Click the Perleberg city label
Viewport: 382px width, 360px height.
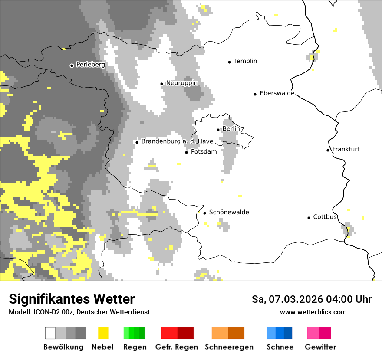coord(90,65)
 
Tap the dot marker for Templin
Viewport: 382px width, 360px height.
coord(229,62)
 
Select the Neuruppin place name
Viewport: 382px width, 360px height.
coord(181,83)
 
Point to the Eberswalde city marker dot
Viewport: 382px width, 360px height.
coord(255,94)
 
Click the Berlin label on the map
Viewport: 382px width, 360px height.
coord(231,129)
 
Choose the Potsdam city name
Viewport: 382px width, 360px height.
coord(204,151)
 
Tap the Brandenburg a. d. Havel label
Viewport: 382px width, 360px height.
coord(178,141)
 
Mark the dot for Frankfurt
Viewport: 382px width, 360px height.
coord(328,150)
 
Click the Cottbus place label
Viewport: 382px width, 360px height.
coord(325,217)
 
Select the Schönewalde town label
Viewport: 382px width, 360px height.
coord(229,212)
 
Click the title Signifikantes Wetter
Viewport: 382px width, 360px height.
coord(72,299)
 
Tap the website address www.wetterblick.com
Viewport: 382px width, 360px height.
coord(313,312)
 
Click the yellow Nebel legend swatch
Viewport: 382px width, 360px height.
coord(103,333)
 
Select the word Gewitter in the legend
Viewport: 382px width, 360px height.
coord(320,347)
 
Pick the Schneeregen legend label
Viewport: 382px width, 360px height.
coord(229,347)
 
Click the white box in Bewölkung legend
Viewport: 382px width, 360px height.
coord(50,333)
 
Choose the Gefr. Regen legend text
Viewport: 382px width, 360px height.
coord(176,347)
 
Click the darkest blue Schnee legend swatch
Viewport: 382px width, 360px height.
coord(288,333)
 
